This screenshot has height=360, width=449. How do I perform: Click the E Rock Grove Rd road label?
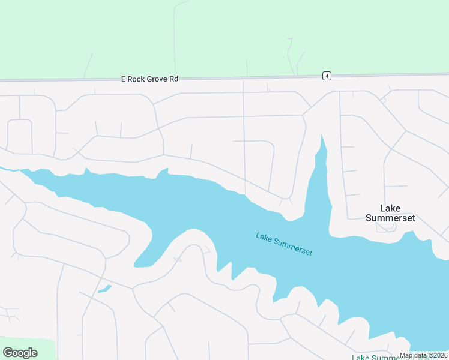[x=150, y=79]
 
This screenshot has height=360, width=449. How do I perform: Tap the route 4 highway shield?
[x=326, y=76]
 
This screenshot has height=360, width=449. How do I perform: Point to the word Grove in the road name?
[x=158, y=79]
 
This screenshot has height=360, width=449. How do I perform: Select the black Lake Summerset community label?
[x=390, y=213]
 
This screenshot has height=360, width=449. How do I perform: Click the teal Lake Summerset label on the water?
[x=284, y=244]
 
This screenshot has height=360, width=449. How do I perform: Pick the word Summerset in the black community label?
[x=390, y=218]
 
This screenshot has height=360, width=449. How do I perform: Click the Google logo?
[x=20, y=352]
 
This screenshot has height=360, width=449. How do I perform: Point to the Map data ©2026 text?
[x=423, y=355]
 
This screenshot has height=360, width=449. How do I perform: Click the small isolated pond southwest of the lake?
[x=104, y=289]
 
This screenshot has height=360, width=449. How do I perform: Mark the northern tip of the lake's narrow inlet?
[x=322, y=137]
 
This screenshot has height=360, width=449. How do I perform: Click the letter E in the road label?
[x=124, y=79]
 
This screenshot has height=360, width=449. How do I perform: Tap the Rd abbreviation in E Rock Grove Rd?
[x=173, y=79]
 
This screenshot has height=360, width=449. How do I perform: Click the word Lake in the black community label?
[x=390, y=208]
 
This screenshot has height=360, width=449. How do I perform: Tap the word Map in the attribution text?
[x=406, y=355]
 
